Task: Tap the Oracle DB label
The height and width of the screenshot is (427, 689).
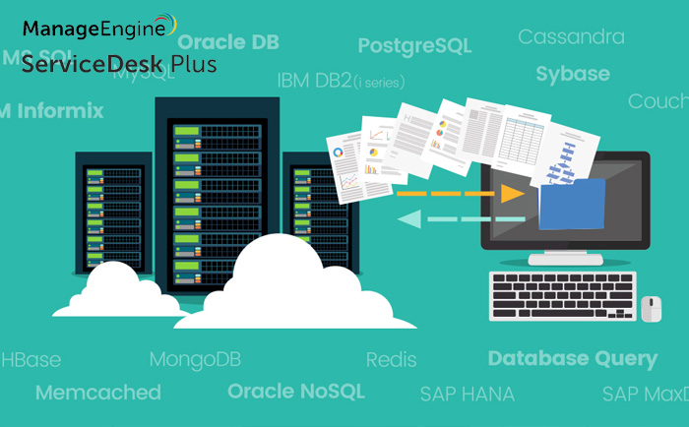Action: point(227,42)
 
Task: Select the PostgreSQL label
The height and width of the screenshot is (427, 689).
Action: point(414,46)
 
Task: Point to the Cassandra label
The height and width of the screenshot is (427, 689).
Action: point(571,37)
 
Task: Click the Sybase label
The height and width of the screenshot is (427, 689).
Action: point(573,74)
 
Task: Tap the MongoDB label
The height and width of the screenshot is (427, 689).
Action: point(195,359)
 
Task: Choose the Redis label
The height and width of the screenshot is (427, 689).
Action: point(391,360)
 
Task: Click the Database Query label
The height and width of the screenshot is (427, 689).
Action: point(572,358)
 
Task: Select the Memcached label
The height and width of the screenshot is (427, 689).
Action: point(97,393)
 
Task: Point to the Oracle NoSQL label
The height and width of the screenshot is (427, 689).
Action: point(295,392)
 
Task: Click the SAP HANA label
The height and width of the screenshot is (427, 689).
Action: point(467,395)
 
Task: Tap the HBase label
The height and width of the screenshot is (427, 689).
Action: point(31,359)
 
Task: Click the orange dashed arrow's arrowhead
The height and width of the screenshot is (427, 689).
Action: point(511,193)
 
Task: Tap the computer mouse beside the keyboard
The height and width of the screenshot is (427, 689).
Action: point(651,308)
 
